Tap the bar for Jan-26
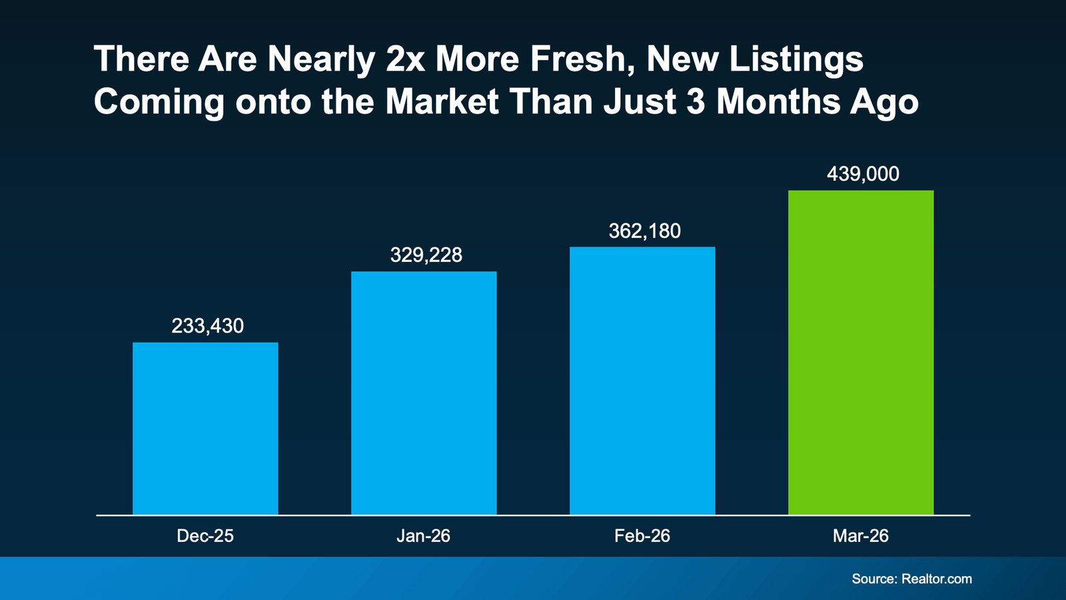[x=424, y=393]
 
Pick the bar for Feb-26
[x=642, y=381]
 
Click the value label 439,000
[x=863, y=174]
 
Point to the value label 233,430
[x=208, y=326]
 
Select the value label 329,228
[x=426, y=255]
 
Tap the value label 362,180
[x=645, y=231]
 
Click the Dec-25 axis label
[x=205, y=536]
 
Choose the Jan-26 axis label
[x=424, y=536]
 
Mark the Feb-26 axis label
[x=642, y=536]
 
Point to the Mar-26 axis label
[x=861, y=536]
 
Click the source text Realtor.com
[x=936, y=579]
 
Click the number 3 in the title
[x=696, y=102]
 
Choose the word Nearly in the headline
[x=321, y=59]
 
